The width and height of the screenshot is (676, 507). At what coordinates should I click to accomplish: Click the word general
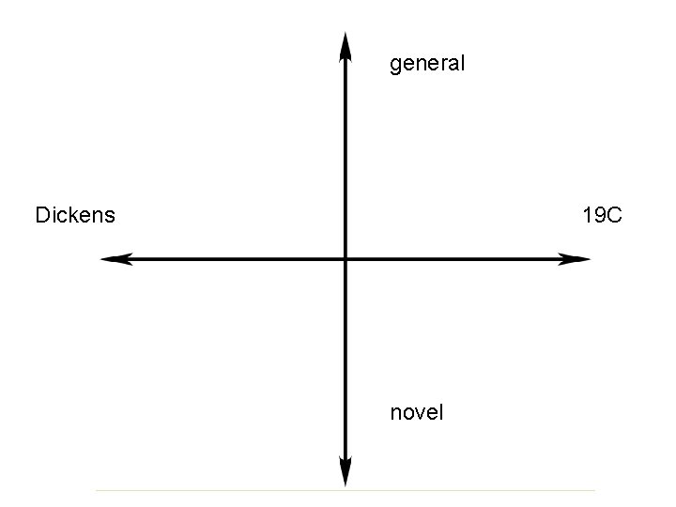click(427, 65)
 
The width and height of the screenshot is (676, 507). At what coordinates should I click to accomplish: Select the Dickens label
click(75, 215)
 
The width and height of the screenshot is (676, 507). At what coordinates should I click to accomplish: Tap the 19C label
click(602, 215)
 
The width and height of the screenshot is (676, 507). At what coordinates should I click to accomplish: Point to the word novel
click(416, 412)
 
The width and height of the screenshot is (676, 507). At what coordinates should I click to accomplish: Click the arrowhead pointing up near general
click(345, 45)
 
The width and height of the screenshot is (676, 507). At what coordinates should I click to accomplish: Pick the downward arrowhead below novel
click(345, 472)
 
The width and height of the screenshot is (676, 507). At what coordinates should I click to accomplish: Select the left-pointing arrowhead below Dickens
click(115, 258)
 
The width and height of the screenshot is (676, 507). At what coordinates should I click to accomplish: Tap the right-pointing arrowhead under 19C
click(575, 258)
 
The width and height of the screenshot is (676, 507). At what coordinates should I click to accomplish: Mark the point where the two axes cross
click(345, 258)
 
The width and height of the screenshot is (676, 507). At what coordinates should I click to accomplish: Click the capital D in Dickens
click(42, 215)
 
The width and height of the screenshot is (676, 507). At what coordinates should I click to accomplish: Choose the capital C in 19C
click(614, 215)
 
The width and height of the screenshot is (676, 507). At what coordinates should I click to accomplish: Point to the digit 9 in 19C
click(600, 215)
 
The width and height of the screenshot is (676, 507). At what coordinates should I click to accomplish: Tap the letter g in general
click(395, 67)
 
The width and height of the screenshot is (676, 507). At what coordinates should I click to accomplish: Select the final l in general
click(462, 64)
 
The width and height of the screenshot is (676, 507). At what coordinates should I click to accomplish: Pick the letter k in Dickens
click(74, 215)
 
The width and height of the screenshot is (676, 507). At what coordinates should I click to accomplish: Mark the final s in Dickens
click(110, 217)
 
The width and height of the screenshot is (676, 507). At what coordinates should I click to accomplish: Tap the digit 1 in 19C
click(588, 215)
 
